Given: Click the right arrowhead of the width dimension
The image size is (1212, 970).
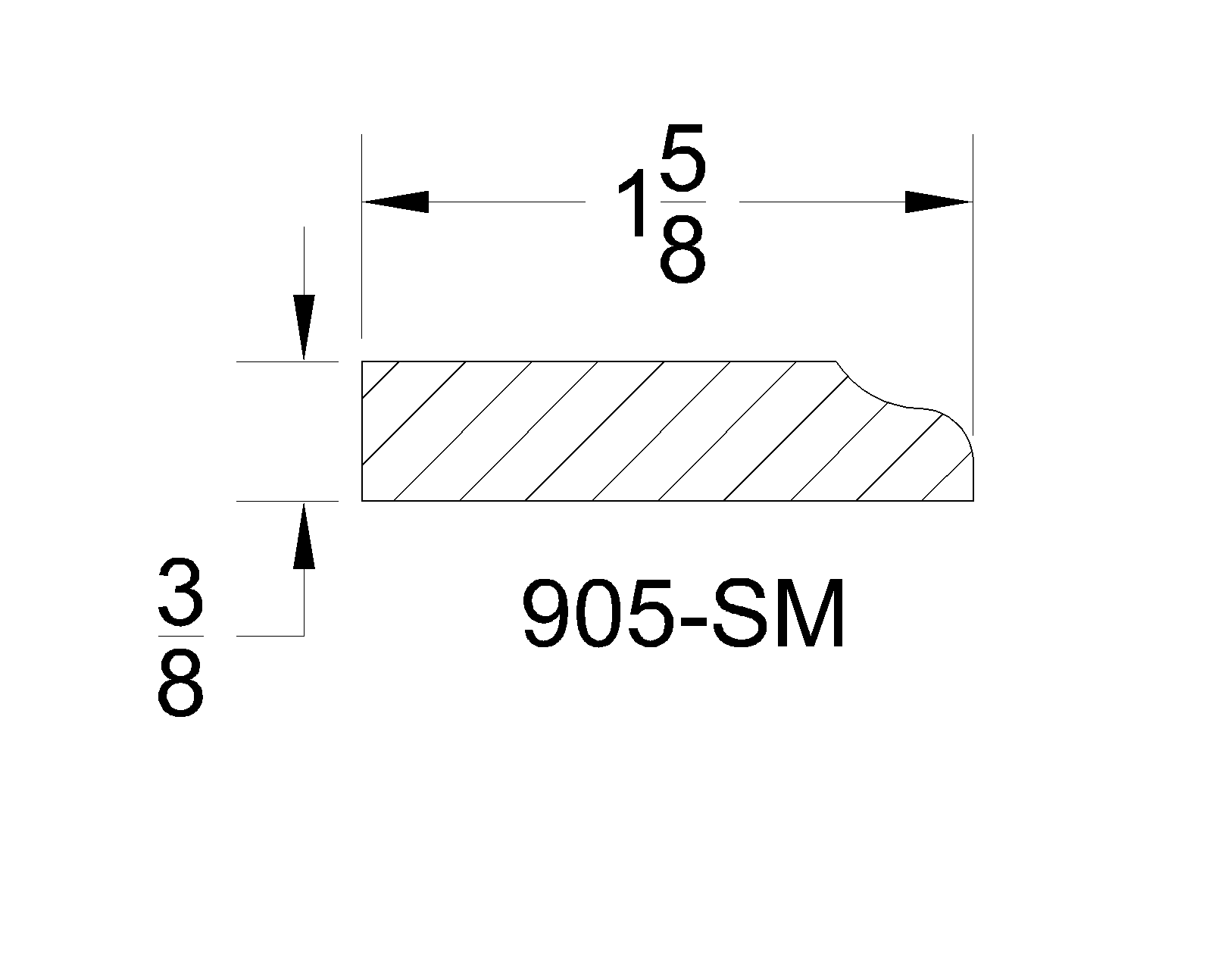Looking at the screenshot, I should pyautogui.click(x=938, y=202).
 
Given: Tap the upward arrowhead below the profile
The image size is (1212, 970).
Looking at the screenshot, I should pyautogui.click(x=304, y=535).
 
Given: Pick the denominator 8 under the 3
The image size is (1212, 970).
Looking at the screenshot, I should pyautogui.click(x=180, y=686).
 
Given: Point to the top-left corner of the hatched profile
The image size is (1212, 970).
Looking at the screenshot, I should pyautogui.click(x=363, y=362).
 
